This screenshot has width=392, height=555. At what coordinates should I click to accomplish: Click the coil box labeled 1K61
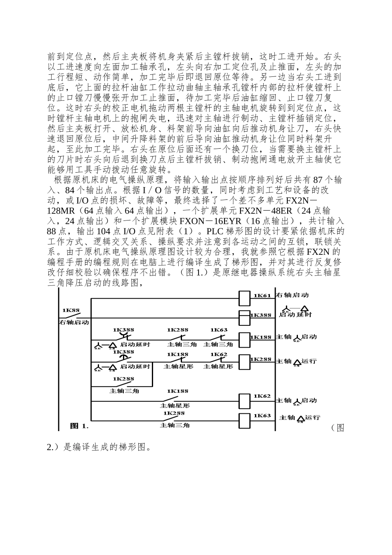click(x=245, y=296)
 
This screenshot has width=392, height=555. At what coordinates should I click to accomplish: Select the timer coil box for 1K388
click(x=245, y=315)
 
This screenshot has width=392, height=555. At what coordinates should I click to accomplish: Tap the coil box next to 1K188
click(x=245, y=337)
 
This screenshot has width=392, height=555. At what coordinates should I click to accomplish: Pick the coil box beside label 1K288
click(x=245, y=360)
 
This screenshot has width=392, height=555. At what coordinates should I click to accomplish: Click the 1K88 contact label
click(x=71, y=310)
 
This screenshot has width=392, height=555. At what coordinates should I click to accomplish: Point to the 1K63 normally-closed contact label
click(x=219, y=330)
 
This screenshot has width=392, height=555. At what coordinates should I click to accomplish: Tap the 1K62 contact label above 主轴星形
click(x=219, y=354)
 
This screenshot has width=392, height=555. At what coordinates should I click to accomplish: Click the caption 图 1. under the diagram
click(x=79, y=425)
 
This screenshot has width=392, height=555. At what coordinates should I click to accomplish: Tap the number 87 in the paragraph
click(x=318, y=180)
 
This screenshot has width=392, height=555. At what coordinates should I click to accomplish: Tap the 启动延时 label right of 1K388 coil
click(x=295, y=315)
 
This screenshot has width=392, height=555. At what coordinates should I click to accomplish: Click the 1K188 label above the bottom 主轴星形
click(x=178, y=391)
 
